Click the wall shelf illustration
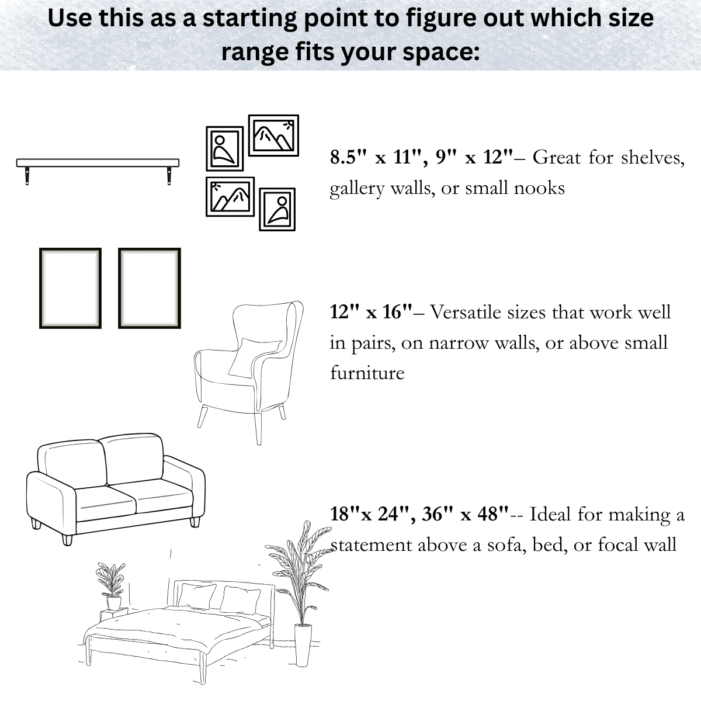98,163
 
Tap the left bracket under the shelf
27,176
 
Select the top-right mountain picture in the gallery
273,136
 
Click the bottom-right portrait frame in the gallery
277,209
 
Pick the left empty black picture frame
70,288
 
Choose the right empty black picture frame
150,288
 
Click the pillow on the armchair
252,356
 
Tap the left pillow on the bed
197,595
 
